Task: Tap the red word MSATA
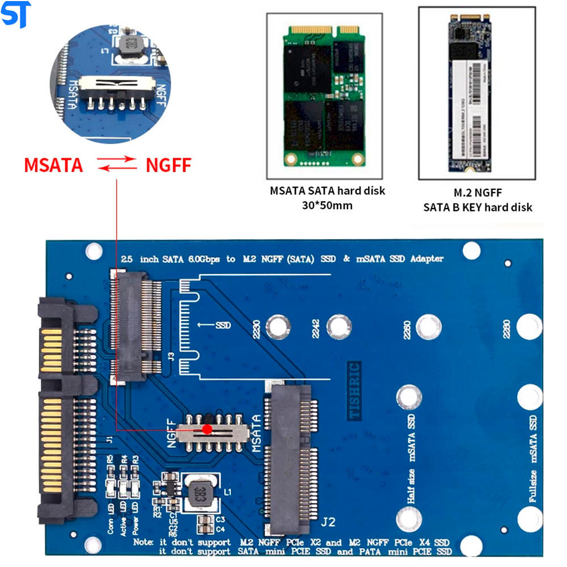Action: (53, 165)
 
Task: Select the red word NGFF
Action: (168, 165)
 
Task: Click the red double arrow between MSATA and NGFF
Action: (116, 165)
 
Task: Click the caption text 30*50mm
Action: (327, 205)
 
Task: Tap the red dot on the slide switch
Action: (208, 430)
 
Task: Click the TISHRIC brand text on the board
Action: (354, 391)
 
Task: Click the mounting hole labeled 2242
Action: (337, 327)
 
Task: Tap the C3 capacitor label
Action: (221, 519)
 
